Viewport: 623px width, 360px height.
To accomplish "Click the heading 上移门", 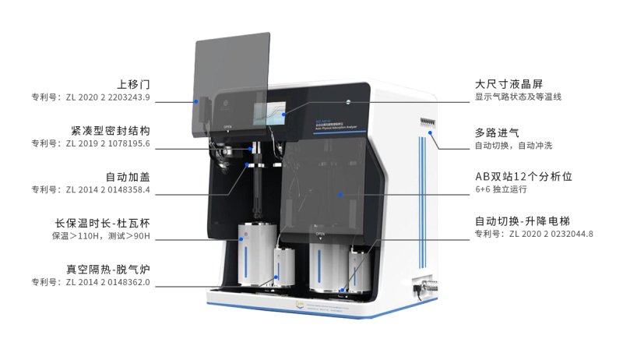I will [x=133, y=83].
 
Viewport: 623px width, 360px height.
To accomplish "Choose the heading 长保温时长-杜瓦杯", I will [x=101, y=222].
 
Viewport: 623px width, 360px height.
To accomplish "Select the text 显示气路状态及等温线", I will [x=518, y=97].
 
